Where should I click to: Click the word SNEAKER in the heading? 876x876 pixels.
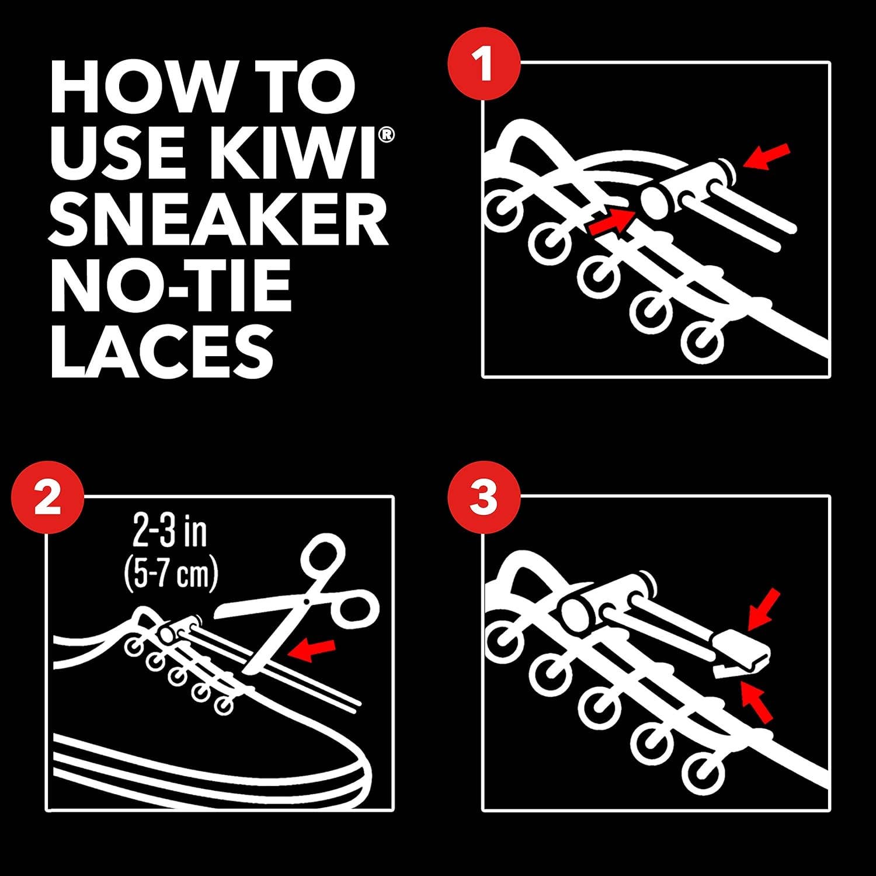[219, 222]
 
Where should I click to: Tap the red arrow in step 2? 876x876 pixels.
[314, 649]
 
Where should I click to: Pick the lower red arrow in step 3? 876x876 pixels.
[758, 703]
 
